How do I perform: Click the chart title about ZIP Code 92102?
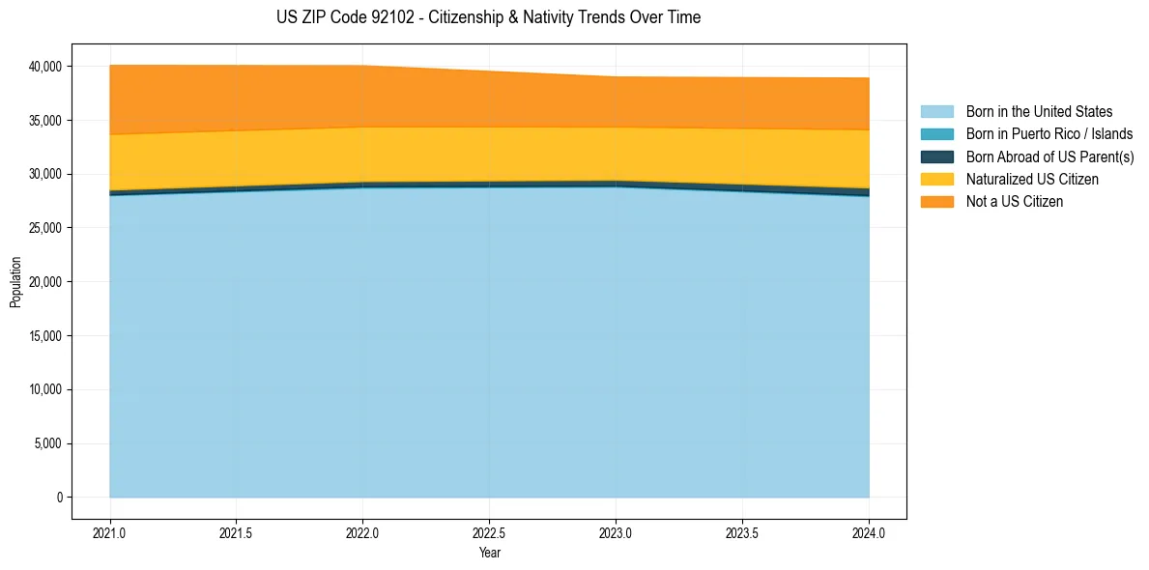coord(488,17)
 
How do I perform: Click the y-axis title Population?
coord(15,282)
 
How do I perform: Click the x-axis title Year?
coord(489,553)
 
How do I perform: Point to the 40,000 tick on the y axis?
coord(44,67)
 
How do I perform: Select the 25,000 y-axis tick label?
coord(44,228)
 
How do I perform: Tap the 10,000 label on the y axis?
coord(44,389)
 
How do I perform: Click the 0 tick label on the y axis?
coord(59,498)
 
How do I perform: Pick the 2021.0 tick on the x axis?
coord(110,532)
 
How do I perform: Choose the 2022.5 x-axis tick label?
coord(489,532)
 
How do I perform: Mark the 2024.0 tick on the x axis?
coord(869,532)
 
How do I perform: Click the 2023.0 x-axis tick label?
coord(616,532)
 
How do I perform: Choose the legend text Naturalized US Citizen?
coord(1032,180)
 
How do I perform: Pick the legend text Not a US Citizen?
coord(1015,202)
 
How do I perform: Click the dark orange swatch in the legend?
coord(936,202)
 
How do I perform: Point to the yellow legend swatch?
coord(936,180)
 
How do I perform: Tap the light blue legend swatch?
coord(936,112)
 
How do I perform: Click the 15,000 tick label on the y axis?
coord(44,336)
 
